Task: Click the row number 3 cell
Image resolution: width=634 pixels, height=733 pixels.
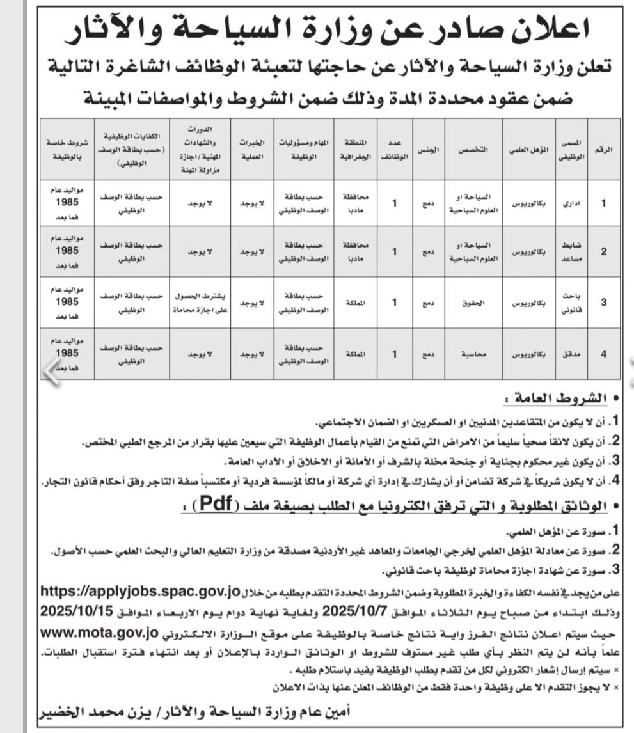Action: (605, 301)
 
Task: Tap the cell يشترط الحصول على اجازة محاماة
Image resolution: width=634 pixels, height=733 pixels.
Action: (198, 301)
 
